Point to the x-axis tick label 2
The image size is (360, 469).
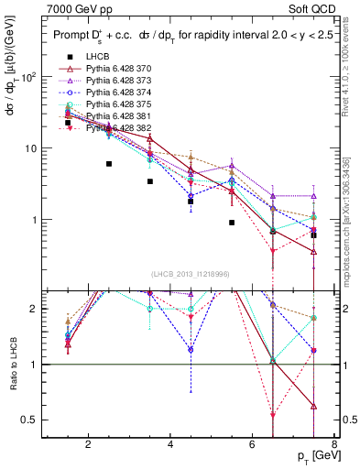(88, 446)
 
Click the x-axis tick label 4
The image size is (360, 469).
(171, 446)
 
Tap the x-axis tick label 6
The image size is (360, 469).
(254, 446)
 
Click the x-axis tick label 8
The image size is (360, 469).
(336, 446)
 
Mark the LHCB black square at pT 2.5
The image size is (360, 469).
(109, 164)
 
